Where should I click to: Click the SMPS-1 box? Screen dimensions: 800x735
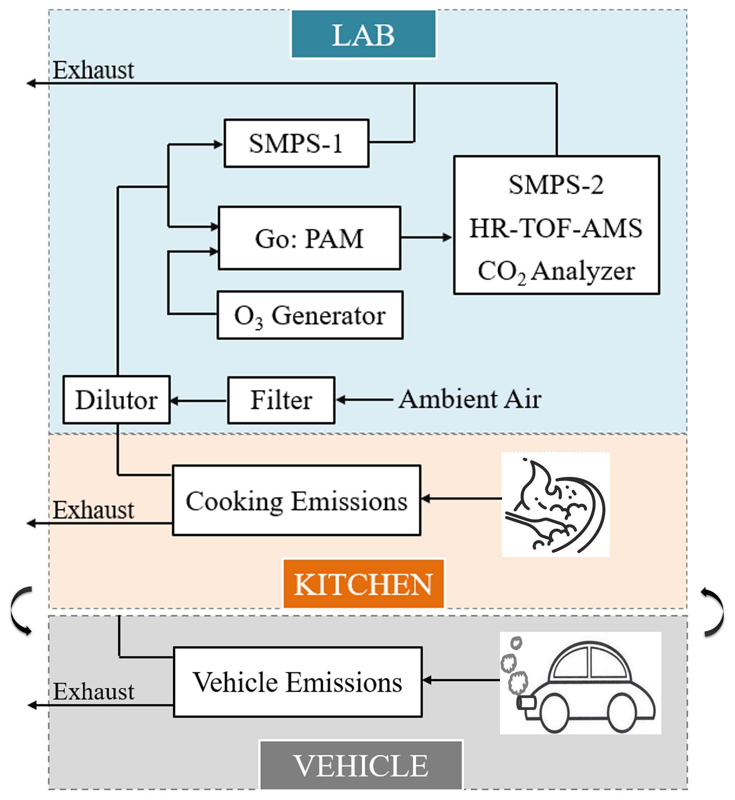296,143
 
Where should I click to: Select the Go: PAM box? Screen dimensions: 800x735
309,238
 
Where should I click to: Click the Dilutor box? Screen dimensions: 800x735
117,400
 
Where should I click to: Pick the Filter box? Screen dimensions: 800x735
281,400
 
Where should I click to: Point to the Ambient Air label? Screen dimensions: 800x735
470,399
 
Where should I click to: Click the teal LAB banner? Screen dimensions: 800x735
363,34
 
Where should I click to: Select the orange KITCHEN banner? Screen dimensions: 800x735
363,584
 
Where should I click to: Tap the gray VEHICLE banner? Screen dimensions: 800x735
361,766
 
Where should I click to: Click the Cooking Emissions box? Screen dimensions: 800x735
297,501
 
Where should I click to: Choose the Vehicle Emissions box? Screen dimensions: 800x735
297,682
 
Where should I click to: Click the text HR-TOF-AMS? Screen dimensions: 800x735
556,228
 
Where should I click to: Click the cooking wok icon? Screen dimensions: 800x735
556,504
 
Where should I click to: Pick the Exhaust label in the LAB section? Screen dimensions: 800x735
93,70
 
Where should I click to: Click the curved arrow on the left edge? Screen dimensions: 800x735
21,610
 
